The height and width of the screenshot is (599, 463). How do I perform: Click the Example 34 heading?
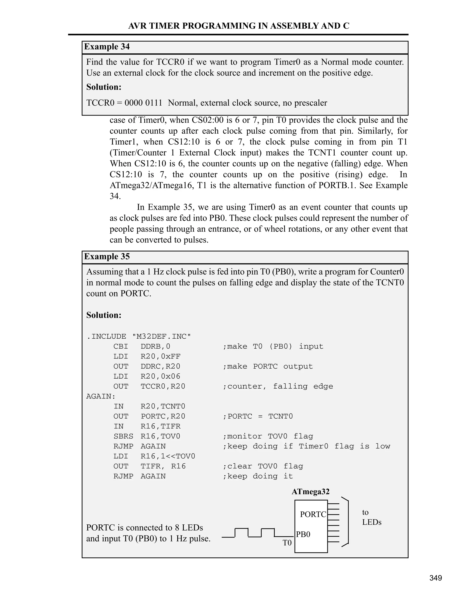tap(107, 47)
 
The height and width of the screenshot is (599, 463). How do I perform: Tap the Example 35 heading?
tap(107, 257)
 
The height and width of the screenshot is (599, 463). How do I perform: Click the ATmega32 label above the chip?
tap(310, 491)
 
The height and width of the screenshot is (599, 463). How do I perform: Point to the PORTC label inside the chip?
tap(313, 514)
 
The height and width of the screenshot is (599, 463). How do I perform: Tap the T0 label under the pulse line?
tap(287, 543)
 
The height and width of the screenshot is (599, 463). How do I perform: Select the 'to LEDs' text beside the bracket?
tap(371, 517)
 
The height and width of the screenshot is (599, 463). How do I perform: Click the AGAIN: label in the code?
tap(101, 396)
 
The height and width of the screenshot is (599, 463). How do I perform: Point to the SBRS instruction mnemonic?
tap(123, 436)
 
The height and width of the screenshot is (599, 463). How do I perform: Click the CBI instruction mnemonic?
tap(121, 346)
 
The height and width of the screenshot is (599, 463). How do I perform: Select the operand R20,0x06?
tap(161, 376)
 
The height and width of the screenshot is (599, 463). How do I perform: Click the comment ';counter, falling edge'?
tap(278, 387)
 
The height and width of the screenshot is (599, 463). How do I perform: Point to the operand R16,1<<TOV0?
tap(168, 456)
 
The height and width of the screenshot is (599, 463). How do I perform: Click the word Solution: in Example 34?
tap(104, 87)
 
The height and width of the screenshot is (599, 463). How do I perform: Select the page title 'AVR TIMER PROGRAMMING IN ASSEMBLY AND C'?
tap(239, 26)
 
